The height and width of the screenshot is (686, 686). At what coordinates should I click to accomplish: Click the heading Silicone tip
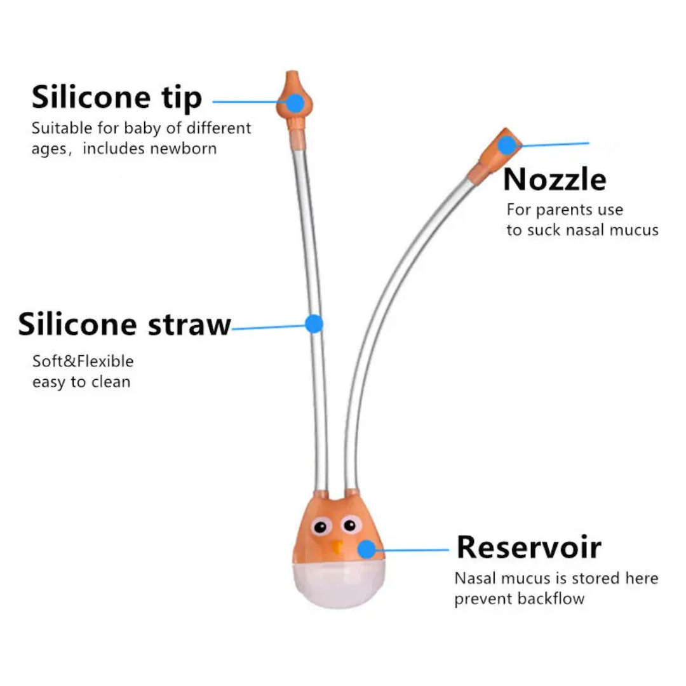tap(117, 98)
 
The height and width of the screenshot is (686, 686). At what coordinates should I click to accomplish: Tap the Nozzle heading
tap(555, 180)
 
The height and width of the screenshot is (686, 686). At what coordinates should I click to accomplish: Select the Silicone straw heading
tap(124, 325)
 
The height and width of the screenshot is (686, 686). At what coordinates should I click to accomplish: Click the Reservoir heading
tap(528, 547)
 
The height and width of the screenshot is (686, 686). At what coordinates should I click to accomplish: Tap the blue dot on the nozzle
tap(507, 145)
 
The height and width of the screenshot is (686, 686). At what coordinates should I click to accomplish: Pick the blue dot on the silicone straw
tap(314, 324)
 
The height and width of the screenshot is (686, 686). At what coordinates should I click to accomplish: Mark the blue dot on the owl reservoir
tap(367, 549)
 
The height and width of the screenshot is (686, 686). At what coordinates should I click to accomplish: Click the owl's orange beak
tap(337, 546)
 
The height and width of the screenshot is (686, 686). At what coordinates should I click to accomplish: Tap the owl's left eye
tap(320, 527)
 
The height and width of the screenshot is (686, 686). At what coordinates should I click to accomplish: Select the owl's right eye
tap(349, 525)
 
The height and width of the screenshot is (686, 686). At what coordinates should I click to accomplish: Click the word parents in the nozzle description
tap(563, 210)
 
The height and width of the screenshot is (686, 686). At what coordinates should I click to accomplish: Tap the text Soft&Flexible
tap(83, 361)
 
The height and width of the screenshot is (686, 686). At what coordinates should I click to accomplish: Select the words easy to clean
tap(81, 382)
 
